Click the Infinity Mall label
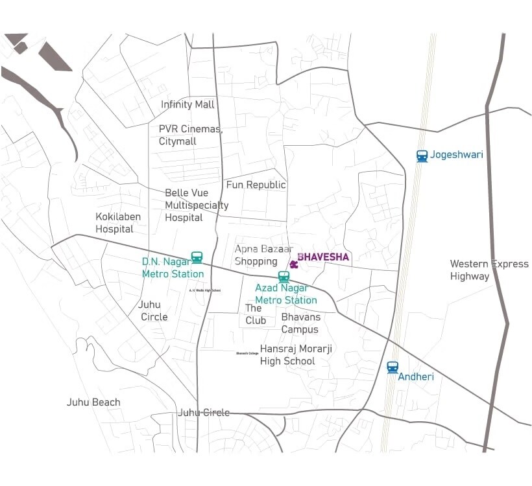click(187, 104)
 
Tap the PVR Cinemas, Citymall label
click(190, 135)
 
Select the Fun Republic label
click(256, 185)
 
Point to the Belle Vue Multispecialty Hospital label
click(196, 205)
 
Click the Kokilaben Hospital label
click(118, 222)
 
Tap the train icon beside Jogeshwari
click(422, 156)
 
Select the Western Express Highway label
click(489, 270)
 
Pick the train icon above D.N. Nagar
click(197, 257)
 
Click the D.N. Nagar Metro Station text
click(173, 268)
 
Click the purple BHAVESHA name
click(323, 257)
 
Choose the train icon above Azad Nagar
click(284, 277)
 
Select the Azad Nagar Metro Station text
click(286, 294)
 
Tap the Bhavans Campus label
click(300, 323)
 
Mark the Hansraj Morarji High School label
click(296, 354)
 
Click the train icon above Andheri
click(393, 367)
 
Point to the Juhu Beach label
click(93, 402)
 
